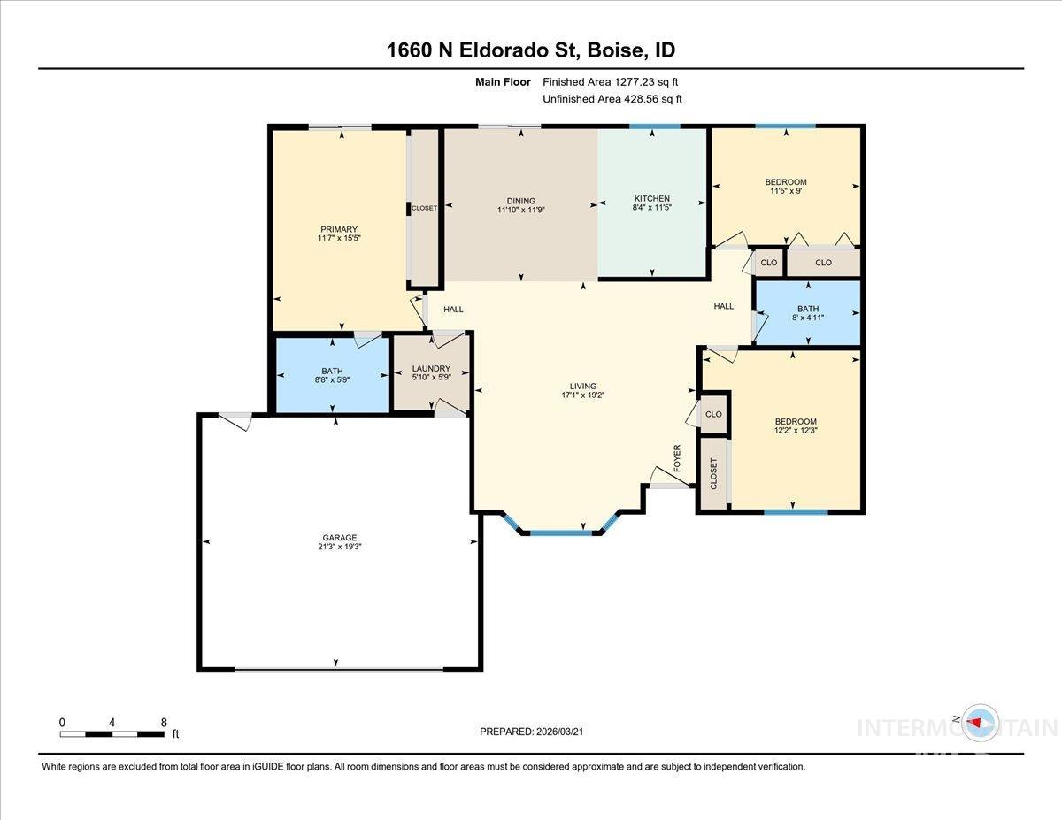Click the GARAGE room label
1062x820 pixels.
(339, 537)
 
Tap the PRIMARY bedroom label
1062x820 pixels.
(339, 229)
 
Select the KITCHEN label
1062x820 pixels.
(651, 198)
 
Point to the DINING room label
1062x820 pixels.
(520, 201)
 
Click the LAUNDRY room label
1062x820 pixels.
(431, 369)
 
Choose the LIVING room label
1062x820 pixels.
(583, 386)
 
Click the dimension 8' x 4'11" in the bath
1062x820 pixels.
(806, 318)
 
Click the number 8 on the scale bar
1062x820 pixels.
(164, 722)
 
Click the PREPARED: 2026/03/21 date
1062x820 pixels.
(531, 732)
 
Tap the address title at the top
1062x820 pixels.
(531, 50)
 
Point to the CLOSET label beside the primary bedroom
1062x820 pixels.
(424, 208)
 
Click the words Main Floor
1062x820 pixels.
(503, 82)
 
